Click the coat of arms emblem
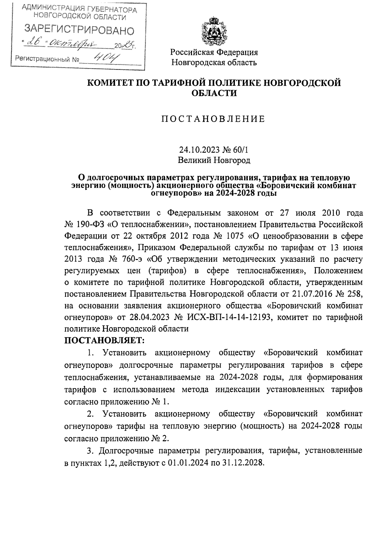point(214,31)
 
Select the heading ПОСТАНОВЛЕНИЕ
point(213,119)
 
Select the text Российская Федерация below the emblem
point(214,52)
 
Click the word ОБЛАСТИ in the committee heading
point(214,93)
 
